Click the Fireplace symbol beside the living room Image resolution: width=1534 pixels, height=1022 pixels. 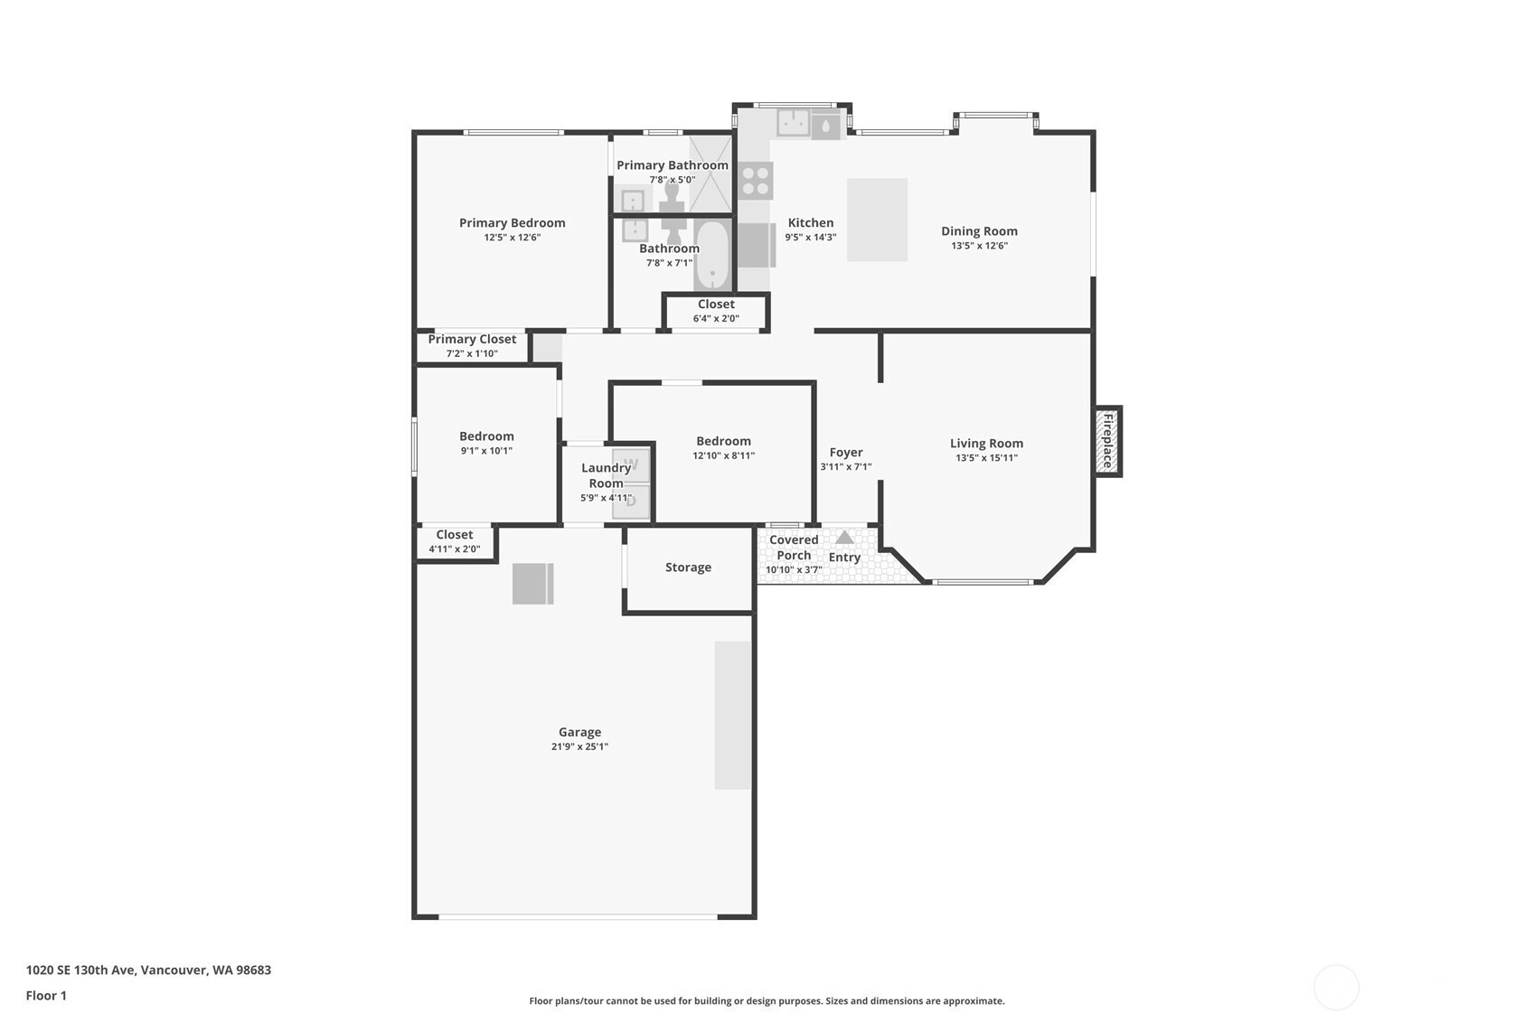click(1106, 442)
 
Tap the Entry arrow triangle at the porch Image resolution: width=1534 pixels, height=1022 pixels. click(844, 538)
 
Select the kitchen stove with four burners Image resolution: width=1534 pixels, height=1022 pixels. click(756, 181)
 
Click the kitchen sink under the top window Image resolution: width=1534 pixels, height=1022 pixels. click(793, 123)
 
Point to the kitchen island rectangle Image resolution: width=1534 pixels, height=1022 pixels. click(877, 220)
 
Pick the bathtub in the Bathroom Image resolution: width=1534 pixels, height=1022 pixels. click(712, 256)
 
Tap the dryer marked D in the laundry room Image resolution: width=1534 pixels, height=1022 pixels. click(631, 502)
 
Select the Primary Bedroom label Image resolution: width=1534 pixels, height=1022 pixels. click(513, 222)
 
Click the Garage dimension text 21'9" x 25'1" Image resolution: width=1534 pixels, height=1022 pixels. click(580, 746)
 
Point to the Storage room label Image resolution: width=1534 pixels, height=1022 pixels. click(688, 567)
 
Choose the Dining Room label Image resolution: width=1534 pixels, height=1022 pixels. click(979, 231)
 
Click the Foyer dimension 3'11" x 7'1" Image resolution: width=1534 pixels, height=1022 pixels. click(846, 467)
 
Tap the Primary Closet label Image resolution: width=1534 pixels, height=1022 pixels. click(472, 339)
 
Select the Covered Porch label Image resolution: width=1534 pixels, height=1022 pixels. click(794, 548)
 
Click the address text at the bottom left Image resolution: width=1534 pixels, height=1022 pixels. click(148, 970)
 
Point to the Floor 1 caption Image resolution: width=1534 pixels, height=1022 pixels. click(47, 996)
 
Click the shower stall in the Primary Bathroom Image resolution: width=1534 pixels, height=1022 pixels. click(711, 173)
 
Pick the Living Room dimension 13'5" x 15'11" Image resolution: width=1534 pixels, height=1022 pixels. click(987, 458)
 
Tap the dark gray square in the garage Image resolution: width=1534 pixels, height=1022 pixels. click(532, 584)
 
